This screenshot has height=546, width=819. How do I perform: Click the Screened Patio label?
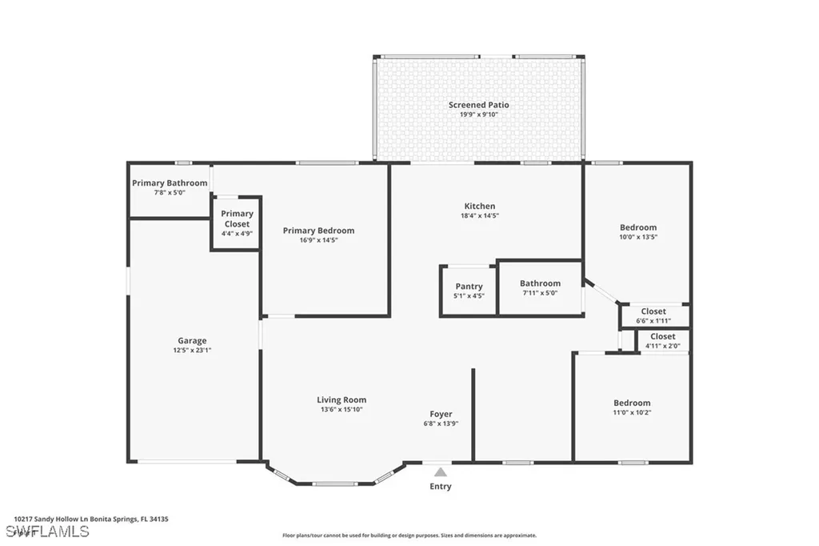coord(478,105)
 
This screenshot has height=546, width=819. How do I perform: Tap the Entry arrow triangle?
coord(441,472)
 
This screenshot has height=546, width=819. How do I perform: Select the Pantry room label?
coord(469,287)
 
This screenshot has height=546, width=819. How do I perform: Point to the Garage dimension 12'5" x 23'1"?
coord(192,350)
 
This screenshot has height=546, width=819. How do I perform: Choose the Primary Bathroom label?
coord(170,183)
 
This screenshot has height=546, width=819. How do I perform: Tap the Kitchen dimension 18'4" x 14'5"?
coord(480,215)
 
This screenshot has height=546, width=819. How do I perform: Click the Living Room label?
coord(342,399)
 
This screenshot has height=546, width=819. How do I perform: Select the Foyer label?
coord(441,414)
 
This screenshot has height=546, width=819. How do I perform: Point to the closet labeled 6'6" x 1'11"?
coord(653,320)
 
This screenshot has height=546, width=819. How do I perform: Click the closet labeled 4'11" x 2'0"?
coord(662,346)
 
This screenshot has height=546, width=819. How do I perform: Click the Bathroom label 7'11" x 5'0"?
coord(540,283)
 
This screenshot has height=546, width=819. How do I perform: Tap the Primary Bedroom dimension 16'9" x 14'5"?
coord(318,240)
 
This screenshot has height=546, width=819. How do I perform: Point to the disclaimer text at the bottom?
coord(409,536)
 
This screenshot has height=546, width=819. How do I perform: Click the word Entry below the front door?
coord(441,486)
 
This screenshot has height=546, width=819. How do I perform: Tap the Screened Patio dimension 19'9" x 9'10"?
coord(478,114)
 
